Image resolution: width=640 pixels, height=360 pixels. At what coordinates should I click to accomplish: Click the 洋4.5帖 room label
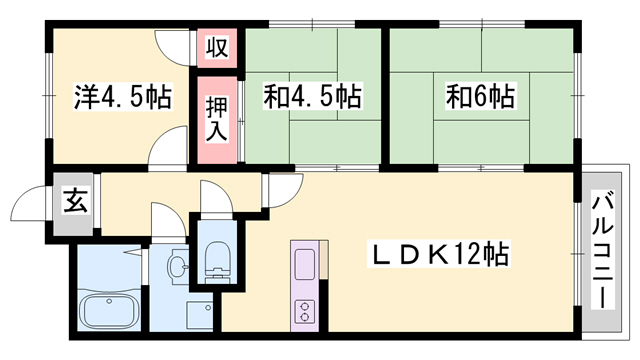coord(121,98)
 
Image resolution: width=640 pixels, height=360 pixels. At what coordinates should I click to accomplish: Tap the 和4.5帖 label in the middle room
coord(312,98)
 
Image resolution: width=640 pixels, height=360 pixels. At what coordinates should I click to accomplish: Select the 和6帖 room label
coord(481,98)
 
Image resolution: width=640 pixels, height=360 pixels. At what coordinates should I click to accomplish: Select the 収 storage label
coord(216,47)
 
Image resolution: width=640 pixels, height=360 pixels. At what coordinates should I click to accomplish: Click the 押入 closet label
coord(216,116)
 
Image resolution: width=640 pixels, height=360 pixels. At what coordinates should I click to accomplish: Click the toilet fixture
coord(215,259)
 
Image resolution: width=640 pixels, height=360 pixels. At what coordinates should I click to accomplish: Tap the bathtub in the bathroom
coord(111,312)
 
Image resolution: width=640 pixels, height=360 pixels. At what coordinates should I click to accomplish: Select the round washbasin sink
coord(178,267)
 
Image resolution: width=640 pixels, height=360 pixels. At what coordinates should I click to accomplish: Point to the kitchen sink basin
coord(304,265)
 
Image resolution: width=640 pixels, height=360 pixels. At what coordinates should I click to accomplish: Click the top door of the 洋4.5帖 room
coord(170,47)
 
